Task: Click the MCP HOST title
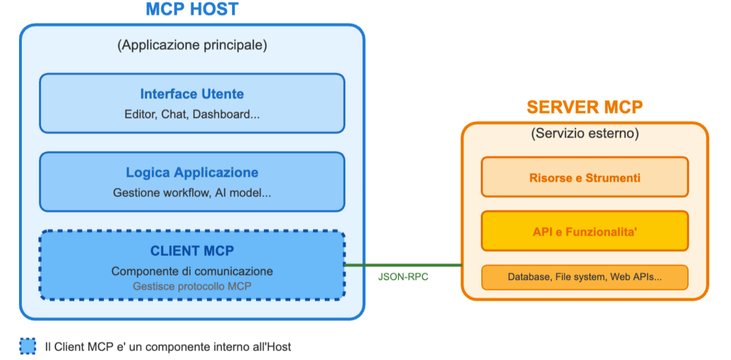coord(192,9)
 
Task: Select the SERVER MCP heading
coord(584,107)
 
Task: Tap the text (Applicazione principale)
coord(192,45)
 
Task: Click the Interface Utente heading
coord(192,94)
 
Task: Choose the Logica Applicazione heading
coord(192,172)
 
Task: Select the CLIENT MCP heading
coord(192,251)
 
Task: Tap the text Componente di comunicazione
coord(192,271)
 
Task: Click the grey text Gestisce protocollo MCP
coord(192,286)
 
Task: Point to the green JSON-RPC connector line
coord(403,265)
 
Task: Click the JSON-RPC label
coord(403,277)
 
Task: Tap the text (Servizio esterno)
coord(585,134)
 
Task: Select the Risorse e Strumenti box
coord(585,177)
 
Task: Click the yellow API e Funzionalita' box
coord(585,231)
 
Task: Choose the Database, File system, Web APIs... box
coord(585,277)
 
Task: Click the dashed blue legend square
coord(28,346)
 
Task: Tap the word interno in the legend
coord(232,347)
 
